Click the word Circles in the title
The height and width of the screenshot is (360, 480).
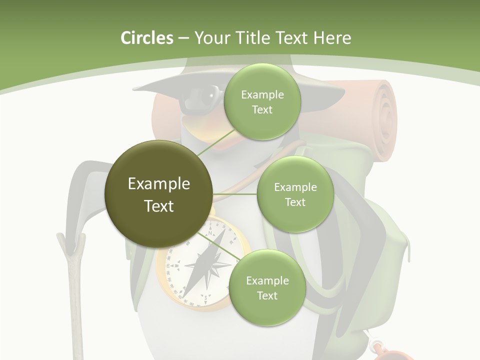click(x=146, y=38)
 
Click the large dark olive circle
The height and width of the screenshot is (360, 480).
click(x=159, y=194)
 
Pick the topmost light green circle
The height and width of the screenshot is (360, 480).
click(x=262, y=102)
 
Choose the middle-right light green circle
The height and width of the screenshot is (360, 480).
click(x=295, y=194)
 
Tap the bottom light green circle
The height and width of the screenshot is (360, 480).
click(x=267, y=287)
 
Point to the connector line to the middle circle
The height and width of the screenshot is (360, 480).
click(x=235, y=194)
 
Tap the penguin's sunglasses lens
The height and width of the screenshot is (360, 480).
click(x=197, y=95)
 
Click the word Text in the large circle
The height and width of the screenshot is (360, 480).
click(x=159, y=205)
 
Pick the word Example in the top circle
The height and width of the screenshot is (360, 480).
click(x=262, y=95)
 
